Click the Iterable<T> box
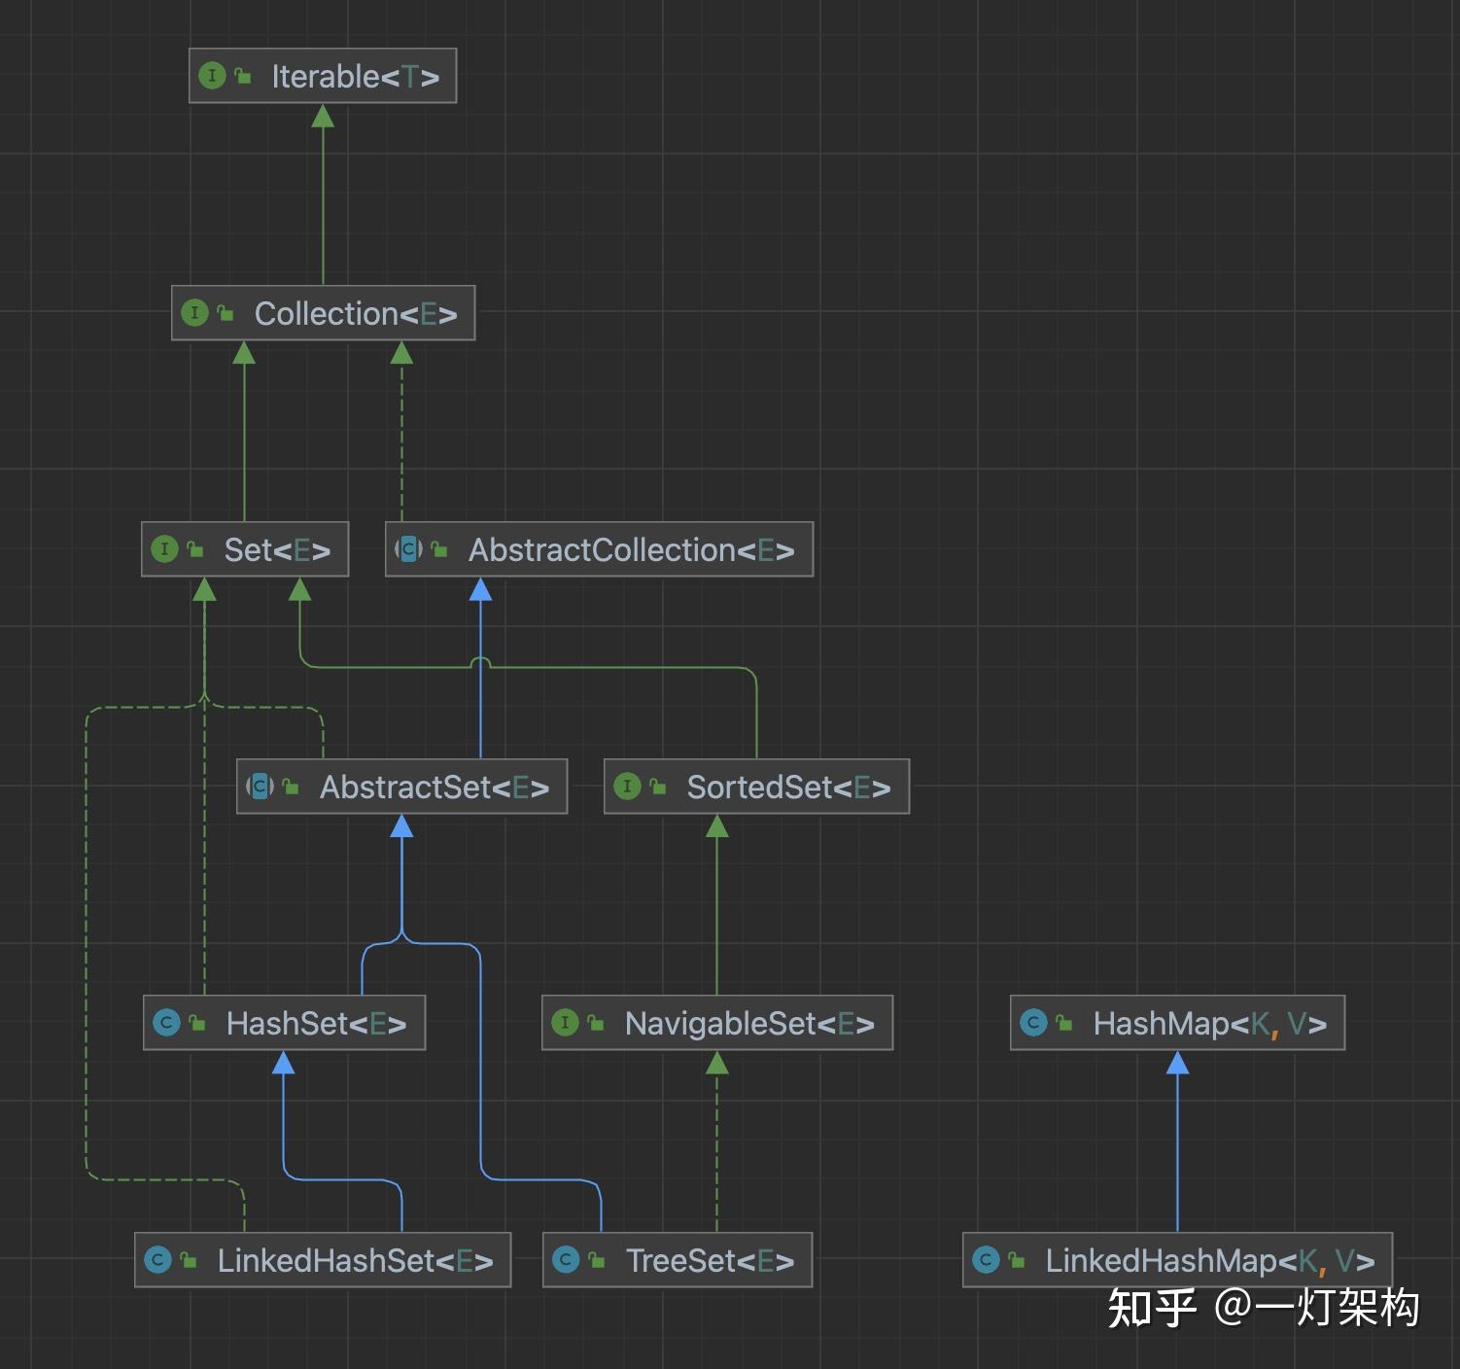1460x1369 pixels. click(323, 76)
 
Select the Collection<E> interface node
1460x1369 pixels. click(323, 313)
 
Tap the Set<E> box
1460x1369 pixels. click(245, 549)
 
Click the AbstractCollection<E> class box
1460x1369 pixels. click(599, 549)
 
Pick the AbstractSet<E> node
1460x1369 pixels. click(401, 787)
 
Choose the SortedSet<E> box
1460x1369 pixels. click(756, 787)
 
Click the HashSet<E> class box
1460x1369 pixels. click(284, 1023)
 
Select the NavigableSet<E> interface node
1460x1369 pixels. click(717, 1023)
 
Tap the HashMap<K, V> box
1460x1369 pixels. click(1177, 1023)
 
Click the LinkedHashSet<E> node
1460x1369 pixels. click(323, 1260)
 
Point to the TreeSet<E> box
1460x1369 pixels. click(678, 1260)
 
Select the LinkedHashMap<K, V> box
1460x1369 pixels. click(1177, 1260)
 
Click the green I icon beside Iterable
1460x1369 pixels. click(212, 76)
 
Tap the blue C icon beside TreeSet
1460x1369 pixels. click(565, 1260)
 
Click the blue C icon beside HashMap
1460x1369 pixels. click(1033, 1023)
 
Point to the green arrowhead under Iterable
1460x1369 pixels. click(323, 117)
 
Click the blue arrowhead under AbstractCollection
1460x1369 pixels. click(480, 589)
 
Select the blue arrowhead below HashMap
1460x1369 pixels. click(1177, 1063)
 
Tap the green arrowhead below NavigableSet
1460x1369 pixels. click(717, 1063)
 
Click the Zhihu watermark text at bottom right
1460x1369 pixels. click(1264, 1308)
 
